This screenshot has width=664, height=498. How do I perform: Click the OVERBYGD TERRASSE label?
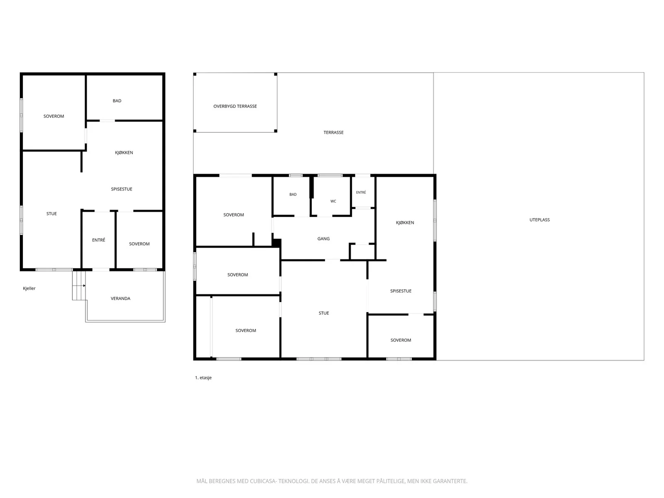[x=235, y=106]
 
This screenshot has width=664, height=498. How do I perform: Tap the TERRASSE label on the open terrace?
[x=333, y=132]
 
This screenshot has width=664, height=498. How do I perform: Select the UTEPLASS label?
[x=539, y=220]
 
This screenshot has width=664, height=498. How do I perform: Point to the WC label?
[x=333, y=201]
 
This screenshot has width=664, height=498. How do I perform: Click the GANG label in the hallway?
[x=323, y=239]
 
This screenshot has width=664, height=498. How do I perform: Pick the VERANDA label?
[x=120, y=298]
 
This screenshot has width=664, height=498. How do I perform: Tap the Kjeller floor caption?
[x=29, y=288]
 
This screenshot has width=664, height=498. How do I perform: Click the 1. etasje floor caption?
[x=203, y=378]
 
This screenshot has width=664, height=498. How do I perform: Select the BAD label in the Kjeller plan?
[x=117, y=101]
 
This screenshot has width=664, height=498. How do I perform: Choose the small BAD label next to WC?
[x=293, y=194]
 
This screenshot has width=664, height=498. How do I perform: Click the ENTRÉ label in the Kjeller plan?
[x=99, y=240]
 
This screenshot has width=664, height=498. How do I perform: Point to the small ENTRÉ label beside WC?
[x=361, y=192]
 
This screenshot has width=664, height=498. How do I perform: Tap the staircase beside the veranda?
[x=79, y=286]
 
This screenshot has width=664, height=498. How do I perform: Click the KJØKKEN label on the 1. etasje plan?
[x=405, y=222]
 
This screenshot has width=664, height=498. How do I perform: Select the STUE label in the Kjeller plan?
[x=51, y=214]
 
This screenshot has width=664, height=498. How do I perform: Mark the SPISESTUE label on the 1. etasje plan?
[x=401, y=291]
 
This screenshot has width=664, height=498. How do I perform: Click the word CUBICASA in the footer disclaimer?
[x=263, y=481]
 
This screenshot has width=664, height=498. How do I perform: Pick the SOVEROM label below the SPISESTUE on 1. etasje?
[x=400, y=340]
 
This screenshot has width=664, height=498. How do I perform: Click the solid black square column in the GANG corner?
[x=276, y=243]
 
